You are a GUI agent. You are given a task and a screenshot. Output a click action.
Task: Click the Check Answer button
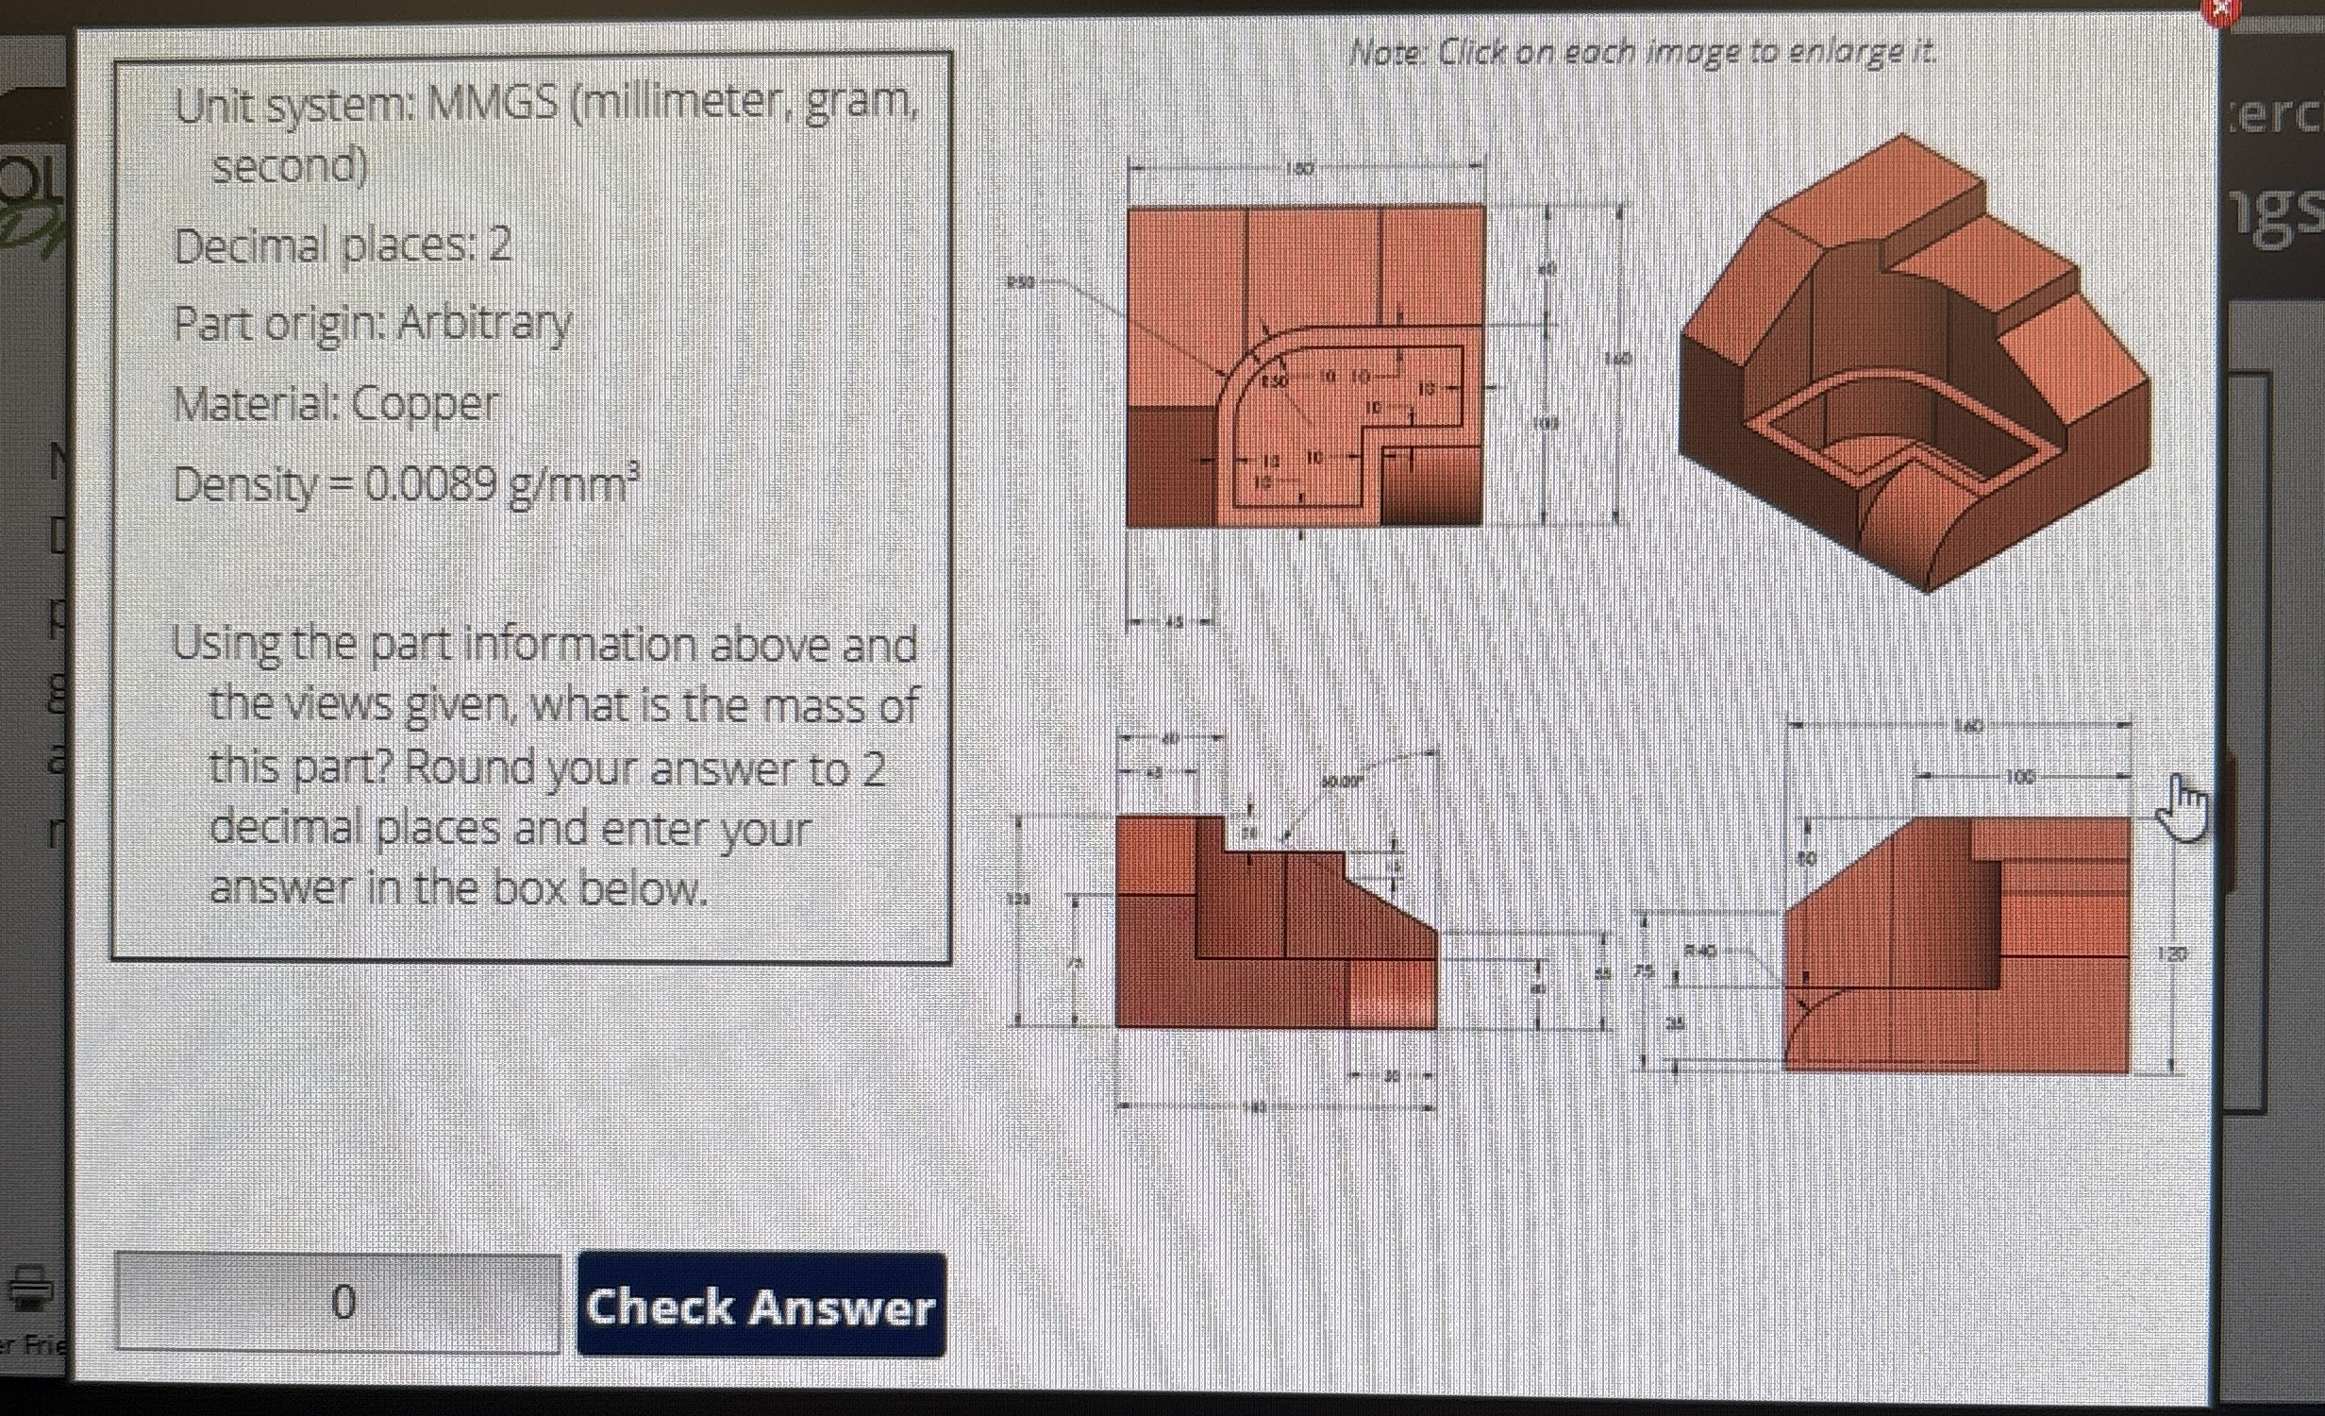point(761,1306)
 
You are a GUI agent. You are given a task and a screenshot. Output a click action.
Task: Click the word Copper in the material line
point(425,405)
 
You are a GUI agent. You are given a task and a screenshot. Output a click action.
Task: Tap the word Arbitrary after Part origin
point(484,324)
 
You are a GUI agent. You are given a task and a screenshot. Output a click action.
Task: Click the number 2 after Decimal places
point(500,245)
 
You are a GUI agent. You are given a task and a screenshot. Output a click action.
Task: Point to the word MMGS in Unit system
point(492,104)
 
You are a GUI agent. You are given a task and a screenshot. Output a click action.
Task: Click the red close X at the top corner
point(2220,8)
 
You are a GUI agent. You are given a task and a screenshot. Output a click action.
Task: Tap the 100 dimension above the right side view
point(2019,777)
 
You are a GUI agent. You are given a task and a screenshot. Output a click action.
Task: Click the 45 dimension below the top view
point(1173,621)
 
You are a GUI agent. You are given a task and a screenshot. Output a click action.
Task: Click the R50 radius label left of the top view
point(1020,281)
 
